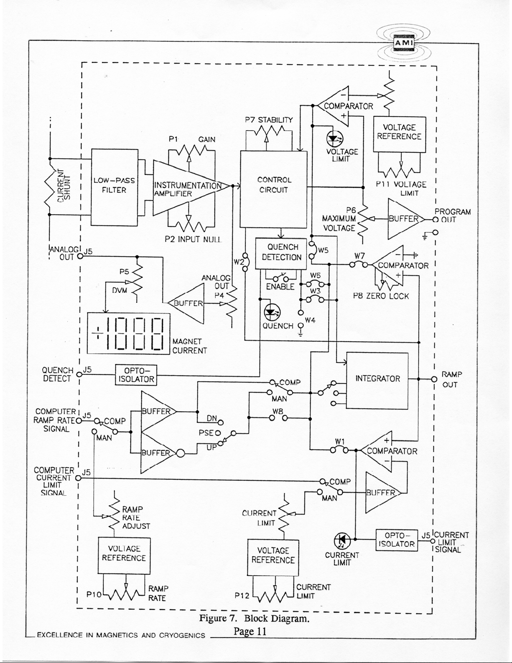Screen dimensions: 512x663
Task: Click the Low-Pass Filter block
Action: click(114, 187)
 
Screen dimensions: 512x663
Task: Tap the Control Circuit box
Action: click(273, 189)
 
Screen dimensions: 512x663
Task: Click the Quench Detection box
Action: click(281, 253)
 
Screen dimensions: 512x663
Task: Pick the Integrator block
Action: click(377, 381)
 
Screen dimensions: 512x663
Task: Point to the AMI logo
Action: click(404, 43)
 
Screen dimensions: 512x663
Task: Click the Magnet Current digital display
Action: click(128, 333)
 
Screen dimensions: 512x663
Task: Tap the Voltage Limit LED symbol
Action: click(334, 139)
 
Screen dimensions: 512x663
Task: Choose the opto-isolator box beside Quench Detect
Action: click(136, 375)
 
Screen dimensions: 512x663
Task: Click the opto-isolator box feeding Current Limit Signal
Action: click(397, 540)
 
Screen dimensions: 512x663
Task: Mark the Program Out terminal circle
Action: click(436, 220)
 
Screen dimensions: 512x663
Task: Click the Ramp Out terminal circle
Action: click(434, 379)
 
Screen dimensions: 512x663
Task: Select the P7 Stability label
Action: click(269, 120)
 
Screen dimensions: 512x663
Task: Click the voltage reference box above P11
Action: click(400, 134)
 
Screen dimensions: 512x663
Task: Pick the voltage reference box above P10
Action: click(124, 555)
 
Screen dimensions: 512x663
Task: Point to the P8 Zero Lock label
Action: click(381, 296)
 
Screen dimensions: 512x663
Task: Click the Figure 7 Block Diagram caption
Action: click(254, 619)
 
